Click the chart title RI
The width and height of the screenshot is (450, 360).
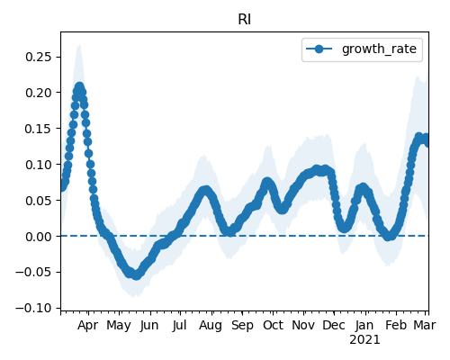tap(244, 20)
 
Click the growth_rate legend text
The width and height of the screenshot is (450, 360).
tap(379, 49)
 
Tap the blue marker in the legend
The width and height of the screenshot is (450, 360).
tap(319, 49)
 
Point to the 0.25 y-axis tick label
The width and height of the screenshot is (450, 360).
tap(38, 57)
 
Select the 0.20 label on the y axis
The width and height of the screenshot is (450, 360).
tap(38, 93)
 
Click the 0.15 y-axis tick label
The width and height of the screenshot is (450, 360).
tap(38, 129)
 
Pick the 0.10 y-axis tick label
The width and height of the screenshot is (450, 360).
tap(38, 165)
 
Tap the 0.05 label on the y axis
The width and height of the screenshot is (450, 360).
tap(38, 201)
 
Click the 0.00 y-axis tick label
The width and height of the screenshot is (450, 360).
tap(38, 237)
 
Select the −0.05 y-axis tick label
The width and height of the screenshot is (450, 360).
tap(33, 273)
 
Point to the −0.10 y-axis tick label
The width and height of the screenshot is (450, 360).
tap(33, 308)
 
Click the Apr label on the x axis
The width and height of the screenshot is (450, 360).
tap(87, 326)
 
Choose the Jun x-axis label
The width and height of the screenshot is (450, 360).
tap(149, 326)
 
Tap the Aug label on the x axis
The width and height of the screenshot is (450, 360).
tap(211, 326)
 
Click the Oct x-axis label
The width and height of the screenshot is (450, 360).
tap(273, 326)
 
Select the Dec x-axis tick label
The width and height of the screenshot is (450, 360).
tap(334, 326)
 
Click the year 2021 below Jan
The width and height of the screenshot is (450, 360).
tap(364, 340)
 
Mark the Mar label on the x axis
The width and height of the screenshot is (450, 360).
tap(425, 326)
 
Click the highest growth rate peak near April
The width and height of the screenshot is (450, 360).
tap(79, 87)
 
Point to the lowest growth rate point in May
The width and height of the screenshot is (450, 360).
tap(137, 275)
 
